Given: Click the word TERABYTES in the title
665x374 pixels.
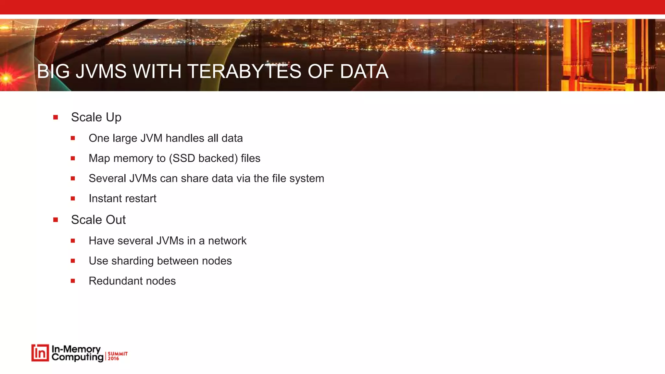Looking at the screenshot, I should pyautogui.click(x=244, y=71).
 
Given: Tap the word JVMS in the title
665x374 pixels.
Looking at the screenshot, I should pyautogui.click(x=101, y=71).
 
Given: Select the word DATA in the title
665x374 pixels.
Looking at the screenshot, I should pyautogui.click(x=364, y=71).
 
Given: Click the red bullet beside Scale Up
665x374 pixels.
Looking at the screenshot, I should pyautogui.click(x=56, y=117).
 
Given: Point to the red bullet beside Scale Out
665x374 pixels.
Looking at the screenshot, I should pyautogui.click(x=56, y=220).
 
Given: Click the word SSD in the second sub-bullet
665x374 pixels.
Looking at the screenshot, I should pyautogui.click(x=183, y=158).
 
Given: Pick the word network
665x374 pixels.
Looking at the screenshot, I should pyautogui.click(x=227, y=241).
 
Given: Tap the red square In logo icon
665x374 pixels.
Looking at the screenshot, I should pyautogui.click(x=40, y=353).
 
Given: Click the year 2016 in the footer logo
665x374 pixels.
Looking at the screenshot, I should pyautogui.click(x=113, y=358).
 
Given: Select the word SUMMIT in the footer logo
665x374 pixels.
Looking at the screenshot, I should pyautogui.click(x=118, y=354).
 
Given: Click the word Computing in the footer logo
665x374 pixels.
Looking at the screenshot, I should pyautogui.click(x=77, y=357).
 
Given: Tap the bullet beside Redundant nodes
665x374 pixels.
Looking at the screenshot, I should pyautogui.click(x=73, y=281).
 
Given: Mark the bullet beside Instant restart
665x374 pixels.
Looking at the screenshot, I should pyautogui.click(x=73, y=198).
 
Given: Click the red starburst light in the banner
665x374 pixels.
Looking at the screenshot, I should pyautogui.click(x=6, y=78).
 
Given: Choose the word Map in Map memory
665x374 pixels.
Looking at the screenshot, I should pyautogui.click(x=99, y=158).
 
